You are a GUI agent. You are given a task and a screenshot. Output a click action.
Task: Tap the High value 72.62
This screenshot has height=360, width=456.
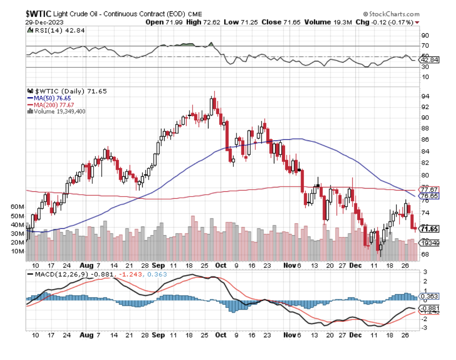point(212,22)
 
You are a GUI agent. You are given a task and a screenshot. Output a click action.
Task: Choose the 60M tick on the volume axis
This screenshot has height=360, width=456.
point(17,206)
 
